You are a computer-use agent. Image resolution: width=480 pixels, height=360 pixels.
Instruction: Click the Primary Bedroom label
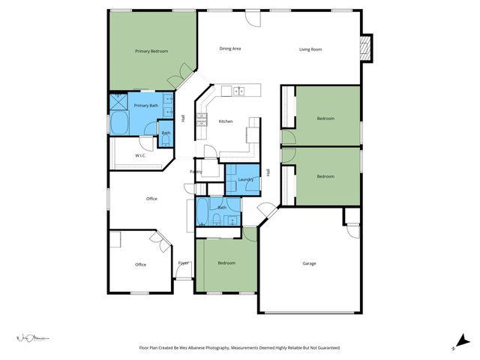coord(151,51)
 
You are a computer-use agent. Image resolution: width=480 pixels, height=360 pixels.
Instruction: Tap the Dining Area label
coord(229,49)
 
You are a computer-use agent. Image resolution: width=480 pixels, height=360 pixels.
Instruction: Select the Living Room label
coord(310,49)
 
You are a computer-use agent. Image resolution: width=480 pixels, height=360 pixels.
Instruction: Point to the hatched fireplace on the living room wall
coord(365,48)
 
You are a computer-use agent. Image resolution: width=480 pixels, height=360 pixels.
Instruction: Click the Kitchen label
coord(226,121)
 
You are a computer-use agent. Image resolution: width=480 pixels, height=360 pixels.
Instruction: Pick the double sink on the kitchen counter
coord(238,91)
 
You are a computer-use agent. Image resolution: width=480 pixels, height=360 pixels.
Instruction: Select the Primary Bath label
coord(146,106)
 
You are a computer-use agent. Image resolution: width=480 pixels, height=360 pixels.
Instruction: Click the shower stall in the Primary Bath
coord(118,102)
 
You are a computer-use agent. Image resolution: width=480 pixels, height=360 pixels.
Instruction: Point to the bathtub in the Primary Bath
coord(120,124)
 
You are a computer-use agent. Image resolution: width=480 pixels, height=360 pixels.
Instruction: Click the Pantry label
coord(196,172)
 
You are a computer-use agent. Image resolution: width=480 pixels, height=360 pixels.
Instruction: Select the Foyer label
coord(183,263)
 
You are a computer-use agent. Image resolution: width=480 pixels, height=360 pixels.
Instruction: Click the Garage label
coord(309,263)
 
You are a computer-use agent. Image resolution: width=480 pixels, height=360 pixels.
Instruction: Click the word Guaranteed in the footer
coord(327,348)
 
